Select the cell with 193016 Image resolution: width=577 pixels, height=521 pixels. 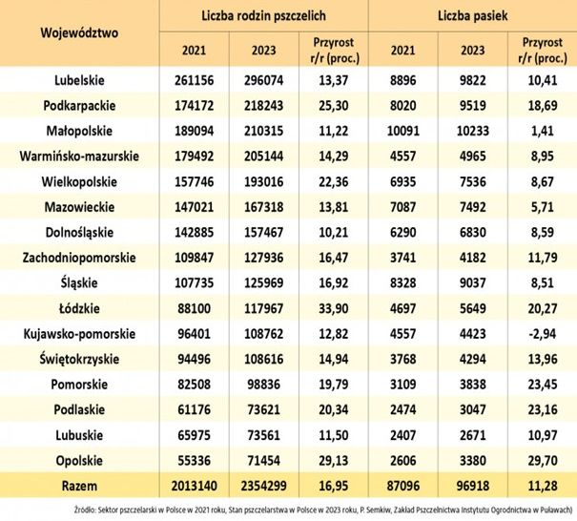click(x=264, y=181)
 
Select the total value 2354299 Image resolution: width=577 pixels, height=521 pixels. click(x=264, y=489)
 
